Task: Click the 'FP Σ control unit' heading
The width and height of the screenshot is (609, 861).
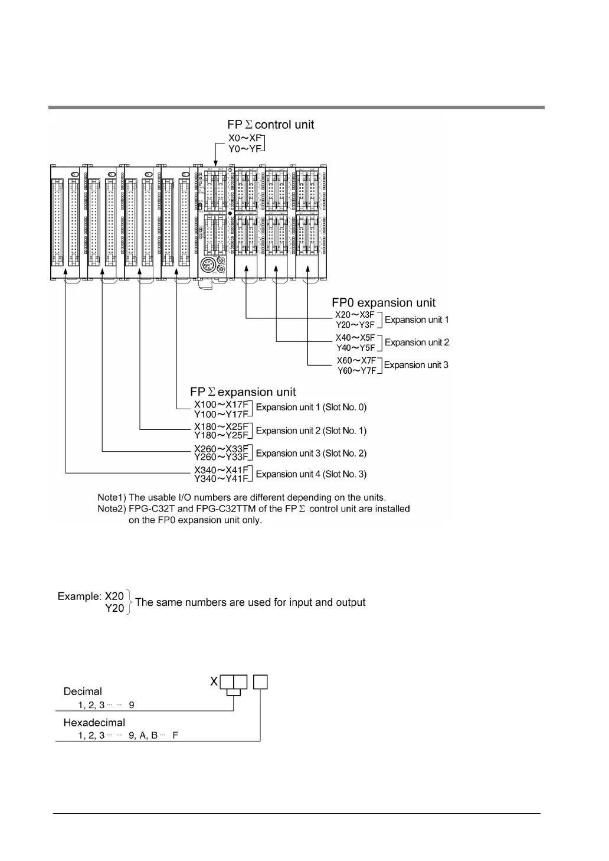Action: [x=270, y=125]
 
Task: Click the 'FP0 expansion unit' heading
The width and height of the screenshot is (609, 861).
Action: [x=384, y=303]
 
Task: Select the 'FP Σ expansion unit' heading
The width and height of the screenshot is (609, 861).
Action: [x=243, y=392]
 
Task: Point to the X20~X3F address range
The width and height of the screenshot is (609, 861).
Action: [x=355, y=315]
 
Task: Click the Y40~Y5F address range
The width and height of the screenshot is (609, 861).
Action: [x=355, y=348]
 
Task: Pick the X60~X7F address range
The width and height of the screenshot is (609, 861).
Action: [x=356, y=360]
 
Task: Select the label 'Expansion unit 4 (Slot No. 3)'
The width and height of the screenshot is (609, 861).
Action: [x=311, y=474]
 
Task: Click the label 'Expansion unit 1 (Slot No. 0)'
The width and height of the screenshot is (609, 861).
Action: [x=311, y=407]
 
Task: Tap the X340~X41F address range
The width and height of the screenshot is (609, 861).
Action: [x=221, y=470]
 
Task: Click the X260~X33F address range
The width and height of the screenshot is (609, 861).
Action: [x=221, y=448]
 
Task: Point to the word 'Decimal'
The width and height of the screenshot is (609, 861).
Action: [x=83, y=692]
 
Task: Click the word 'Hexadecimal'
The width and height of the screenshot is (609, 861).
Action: [x=94, y=722]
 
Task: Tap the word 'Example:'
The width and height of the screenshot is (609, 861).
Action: [x=80, y=596]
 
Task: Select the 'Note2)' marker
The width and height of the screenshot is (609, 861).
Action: [x=112, y=508]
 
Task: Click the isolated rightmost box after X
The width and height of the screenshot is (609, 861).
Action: [x=260, y=682]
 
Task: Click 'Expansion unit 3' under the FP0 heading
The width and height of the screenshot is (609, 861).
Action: [x=416, y=365]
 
